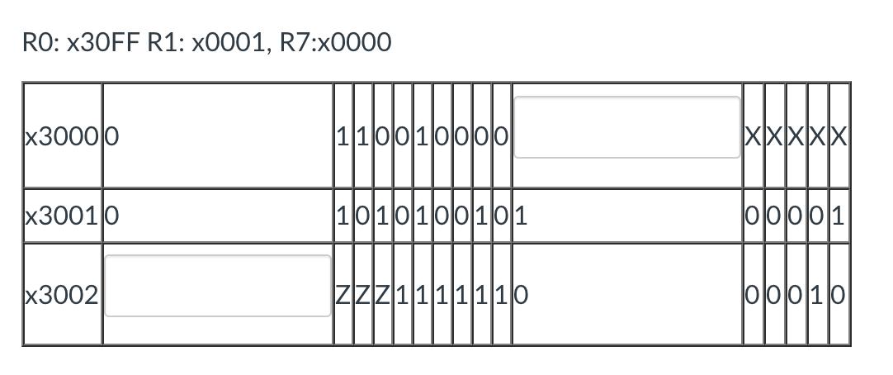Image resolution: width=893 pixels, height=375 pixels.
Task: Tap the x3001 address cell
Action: click(62, 216)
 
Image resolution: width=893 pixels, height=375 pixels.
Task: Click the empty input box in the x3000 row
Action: click(627, 127)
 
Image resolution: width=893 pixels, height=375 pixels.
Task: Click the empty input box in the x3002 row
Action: click(218, 286)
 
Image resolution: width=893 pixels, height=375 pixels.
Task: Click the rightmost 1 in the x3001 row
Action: click(839, 216)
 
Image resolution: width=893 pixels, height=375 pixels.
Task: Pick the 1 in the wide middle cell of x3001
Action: click(522, 216)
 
